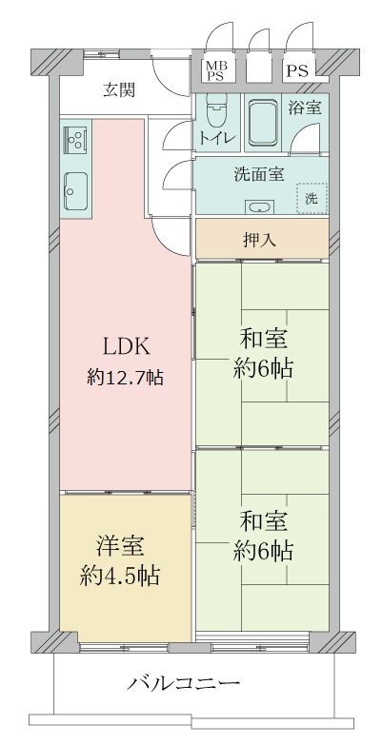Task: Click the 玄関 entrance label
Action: (119, 91)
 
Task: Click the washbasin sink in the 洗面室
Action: (257, 206)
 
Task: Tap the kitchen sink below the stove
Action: (75, 193)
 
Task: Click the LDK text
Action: (125, 345)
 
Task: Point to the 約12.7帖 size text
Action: (125, 377)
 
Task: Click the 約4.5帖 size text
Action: (119, 575)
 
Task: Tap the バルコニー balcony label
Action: (182, 684)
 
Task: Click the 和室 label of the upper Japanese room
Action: (264, 338)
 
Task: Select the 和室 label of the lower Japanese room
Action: (264, 520)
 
